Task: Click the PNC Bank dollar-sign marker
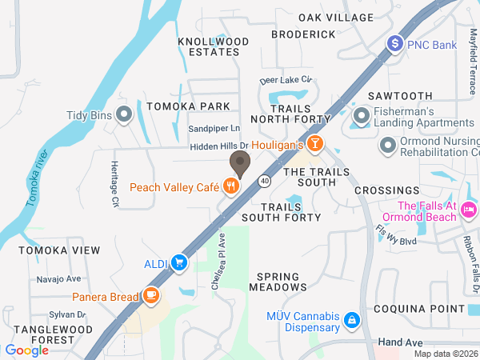click(x=394, y=45)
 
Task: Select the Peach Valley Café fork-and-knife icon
click(x=231, y=187)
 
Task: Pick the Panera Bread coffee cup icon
click(x=150, y=297)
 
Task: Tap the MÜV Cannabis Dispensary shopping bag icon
click(x=350, y=322)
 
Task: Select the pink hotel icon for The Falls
click(x=469, y=210)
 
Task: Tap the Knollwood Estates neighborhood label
click(x=209, y=46)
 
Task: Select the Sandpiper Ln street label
click(x=214, y=128)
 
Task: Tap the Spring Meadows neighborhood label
click(x=278, y=281)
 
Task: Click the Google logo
click(x=27, y=350)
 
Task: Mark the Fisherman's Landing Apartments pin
click(x=362, y=118)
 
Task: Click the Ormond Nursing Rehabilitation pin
click(x=389, y=145)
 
